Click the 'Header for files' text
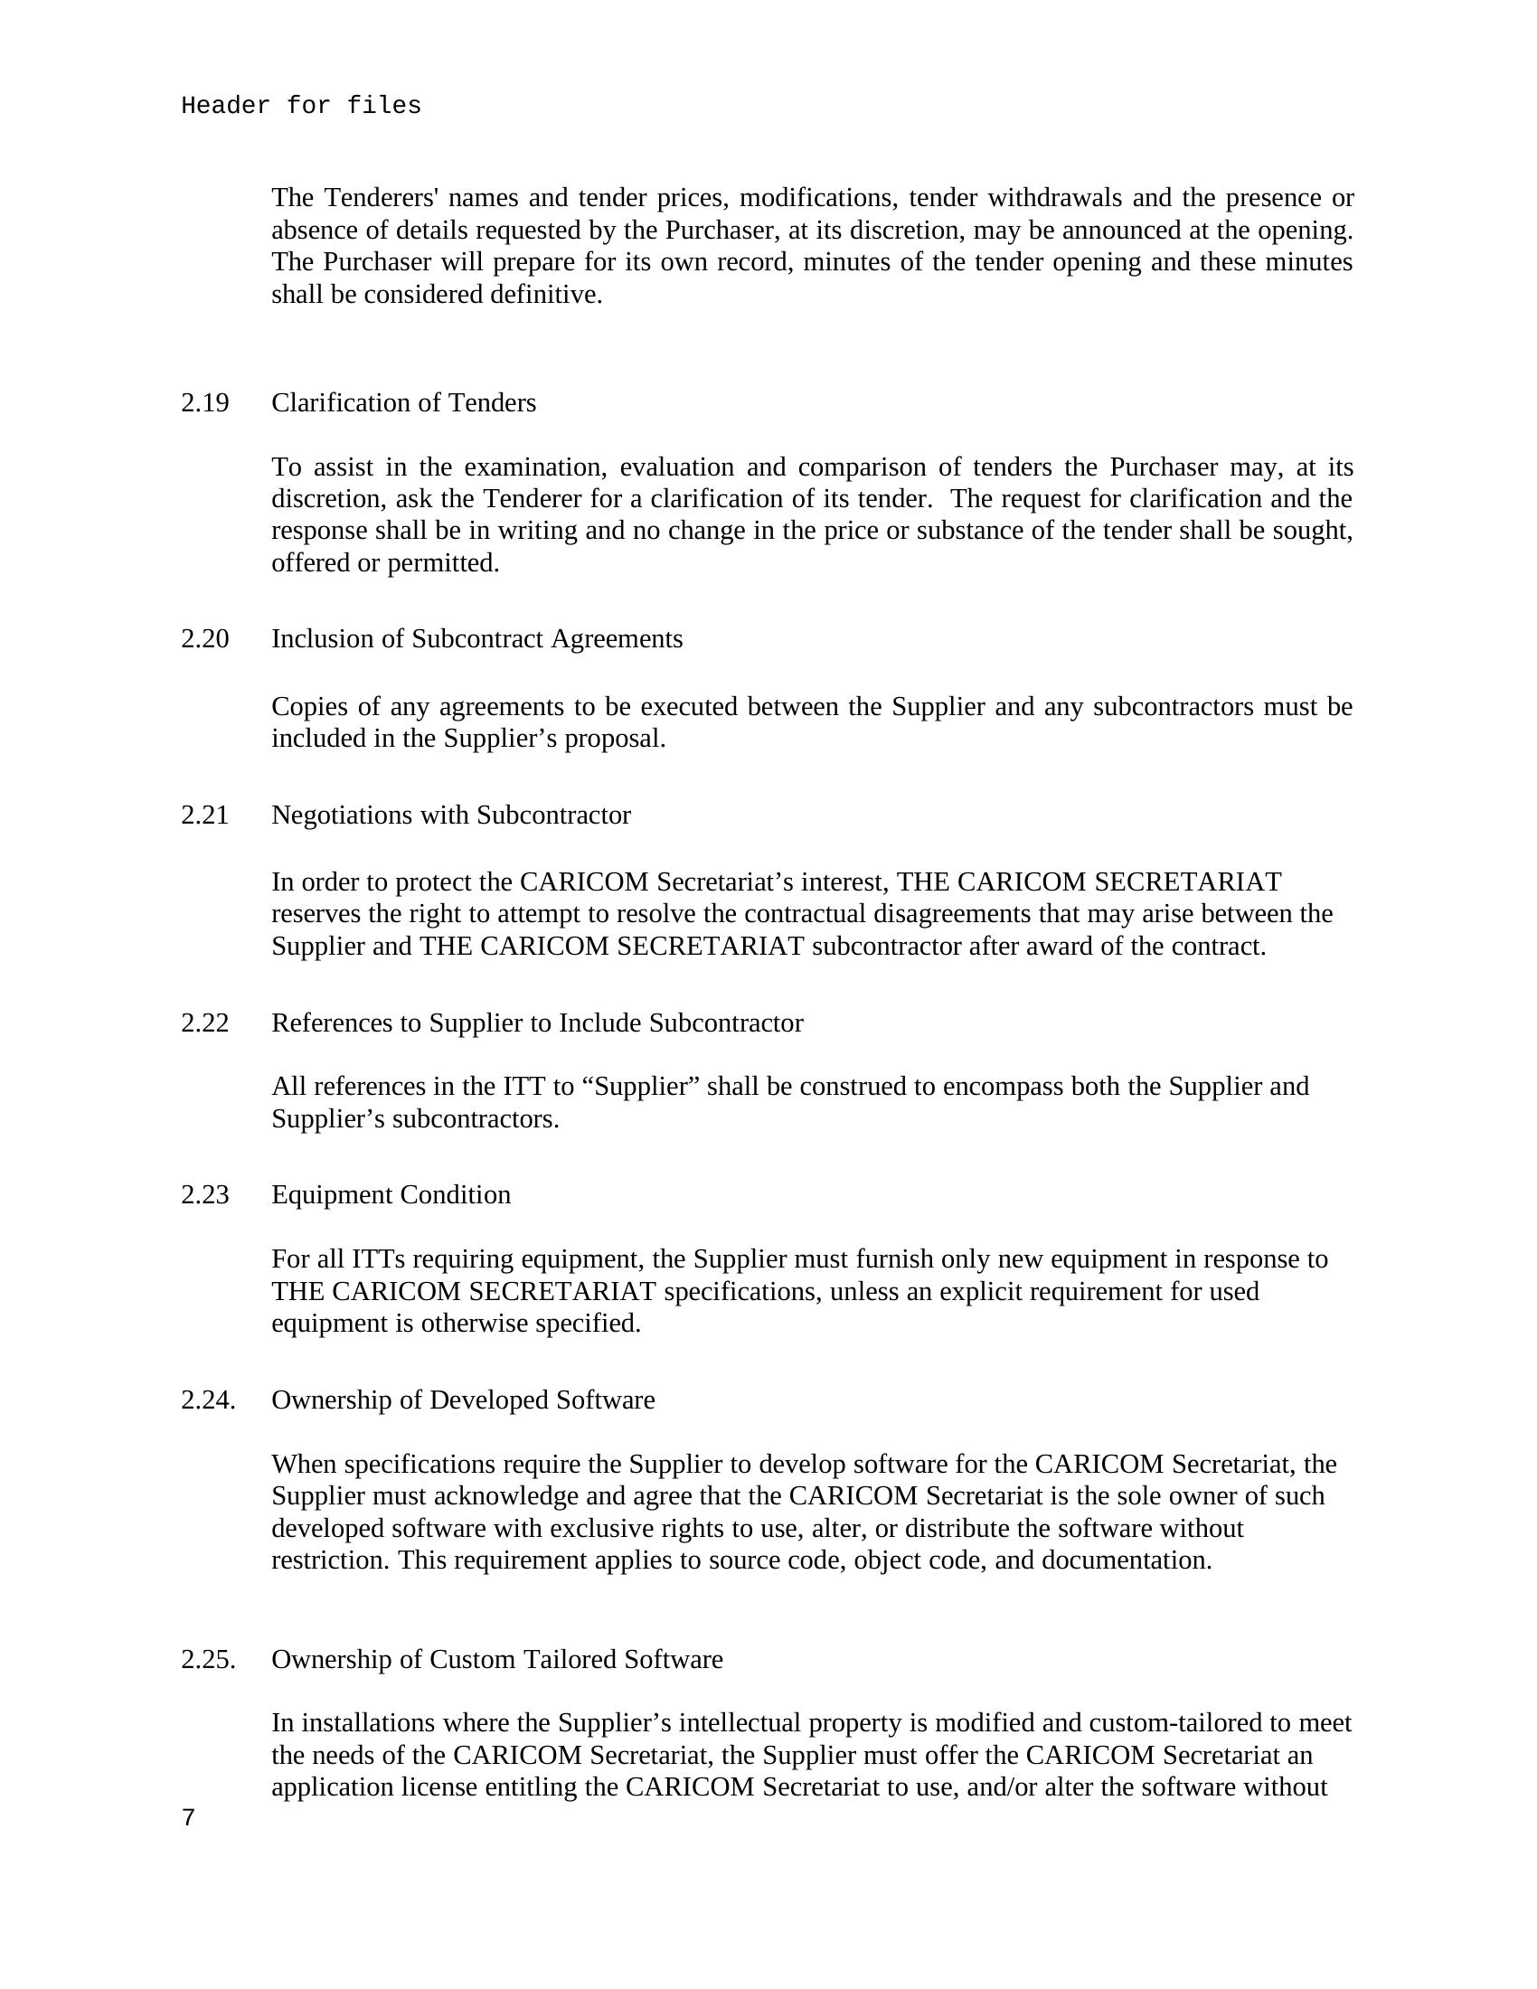pos(300,107)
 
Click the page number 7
pos(188,1818)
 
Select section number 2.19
pos(205,402)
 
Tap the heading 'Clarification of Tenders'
pos(403,402)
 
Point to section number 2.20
pos(205,638)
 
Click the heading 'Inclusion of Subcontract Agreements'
pos(476,638)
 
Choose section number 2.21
pos(205,815)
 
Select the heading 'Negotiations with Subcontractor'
pos(451,815)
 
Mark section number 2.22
pos(205,1023)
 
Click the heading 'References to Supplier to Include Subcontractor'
pos(537,1023)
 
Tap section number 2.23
pos(205,1194)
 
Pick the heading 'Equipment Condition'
pos(391,1194)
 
